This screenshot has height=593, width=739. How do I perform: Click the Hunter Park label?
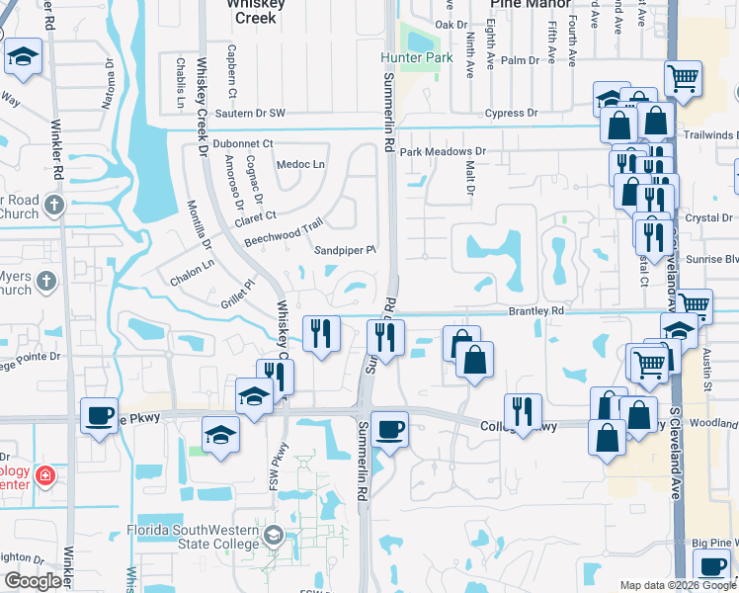[x=417, y=58]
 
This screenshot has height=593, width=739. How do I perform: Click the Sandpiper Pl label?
[x=346, y=251]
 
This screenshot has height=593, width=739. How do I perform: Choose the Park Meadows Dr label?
[x=443, y=152]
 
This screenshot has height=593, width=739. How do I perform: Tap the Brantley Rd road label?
[x=535, y=310]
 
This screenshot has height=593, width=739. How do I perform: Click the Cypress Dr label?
[x=511, y=114]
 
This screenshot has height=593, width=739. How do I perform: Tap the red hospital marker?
[x=44, y=478]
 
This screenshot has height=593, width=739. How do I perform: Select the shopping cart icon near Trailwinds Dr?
[x=683, y=77]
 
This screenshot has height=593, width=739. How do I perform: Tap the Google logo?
[x=33, y=581]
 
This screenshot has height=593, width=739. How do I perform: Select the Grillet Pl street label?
[x=237, y=287]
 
